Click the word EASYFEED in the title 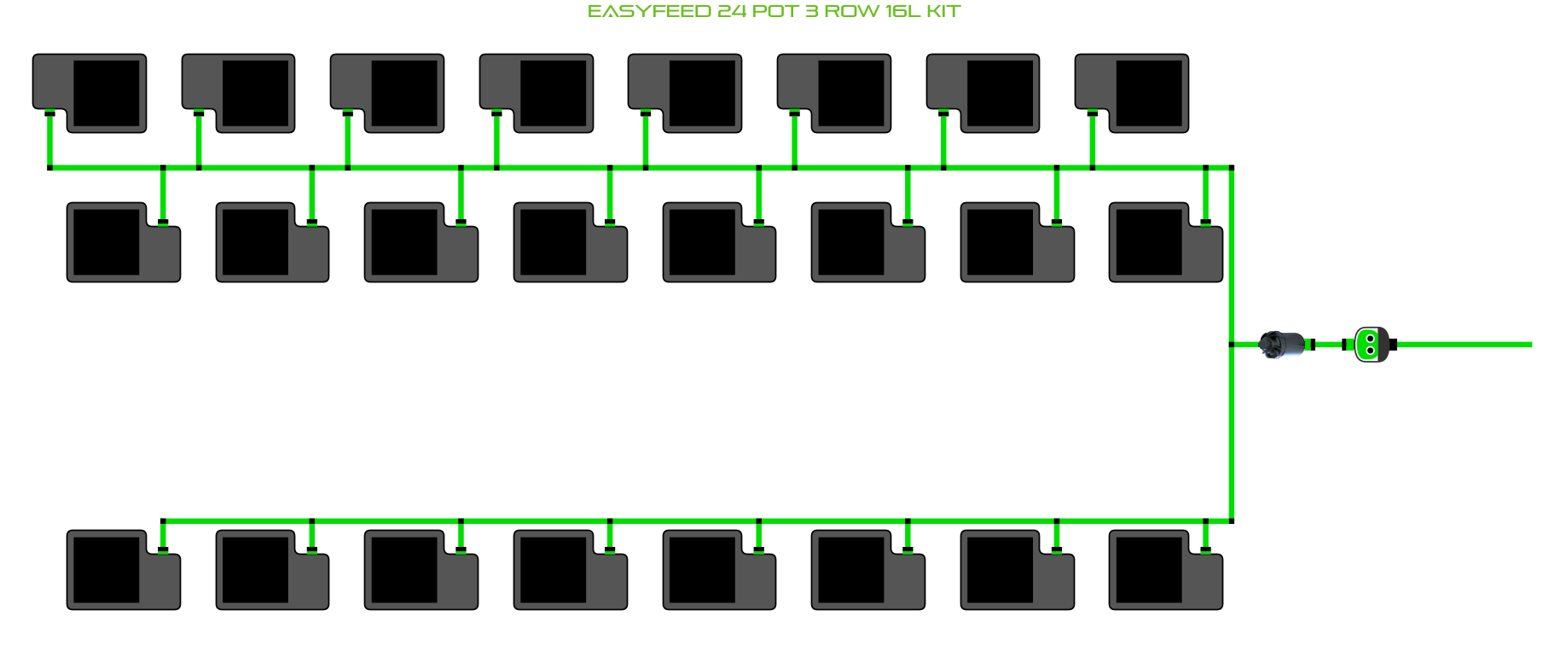click(x=649, y=12)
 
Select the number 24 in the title click(x=732, y=12)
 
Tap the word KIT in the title click(x=943, y=12)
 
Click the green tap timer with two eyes click(x=1371, y=345)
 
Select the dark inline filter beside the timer click(x=1283, y=345)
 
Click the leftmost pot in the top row click(x=90, y=93)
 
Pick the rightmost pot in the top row click(x=1132, y=93)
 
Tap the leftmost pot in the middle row click(x=124, y=242)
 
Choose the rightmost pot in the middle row click(x=1166, y=242)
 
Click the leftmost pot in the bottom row click(x=124, y=570)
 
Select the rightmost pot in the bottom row click(x=1166, y=570)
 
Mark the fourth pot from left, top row click(x=537, y=93)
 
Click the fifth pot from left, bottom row click(x=719, y=570)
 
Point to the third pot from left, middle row click(x=421, y=242)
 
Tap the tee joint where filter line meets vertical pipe click(x=1232, y=345)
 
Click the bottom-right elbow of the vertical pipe click(x=1232, y=520)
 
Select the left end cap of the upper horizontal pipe click(x=49, y=168)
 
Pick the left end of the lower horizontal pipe click(x=164, y=520)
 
